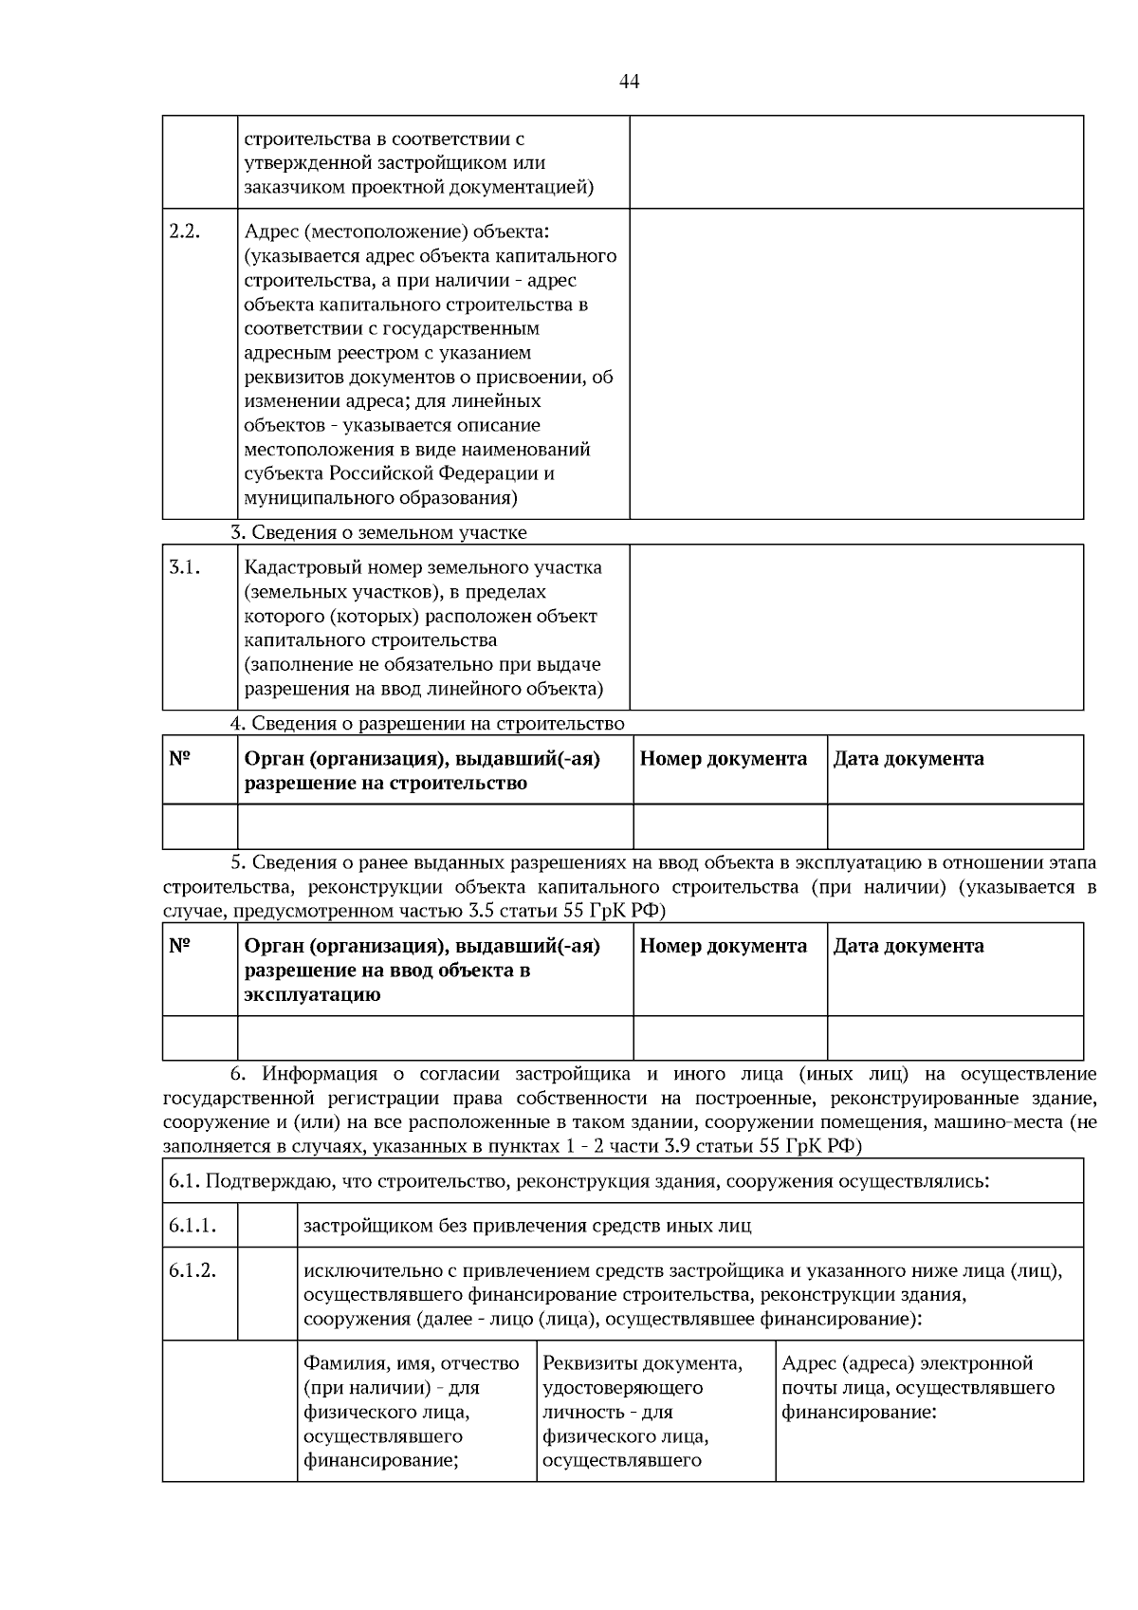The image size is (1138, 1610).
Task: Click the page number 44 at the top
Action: pos(629,82)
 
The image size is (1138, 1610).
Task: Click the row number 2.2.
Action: pos(185,231)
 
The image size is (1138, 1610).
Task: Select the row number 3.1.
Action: pos(185,567)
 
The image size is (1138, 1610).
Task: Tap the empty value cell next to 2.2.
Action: pos(855,363)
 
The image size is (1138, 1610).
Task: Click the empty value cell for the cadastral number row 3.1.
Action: pos(855,627)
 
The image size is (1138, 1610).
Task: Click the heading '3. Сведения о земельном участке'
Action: pos(379,532)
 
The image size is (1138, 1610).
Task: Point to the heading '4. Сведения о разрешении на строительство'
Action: pos(429,724)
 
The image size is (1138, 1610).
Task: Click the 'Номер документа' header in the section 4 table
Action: pos(724,759)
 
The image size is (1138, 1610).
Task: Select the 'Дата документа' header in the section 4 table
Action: pos(909,759)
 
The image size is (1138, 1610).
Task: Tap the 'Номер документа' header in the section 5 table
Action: pos(724,946)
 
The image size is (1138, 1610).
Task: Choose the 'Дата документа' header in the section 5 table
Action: pos(909,946)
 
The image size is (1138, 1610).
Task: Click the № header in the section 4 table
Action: pos(180,759)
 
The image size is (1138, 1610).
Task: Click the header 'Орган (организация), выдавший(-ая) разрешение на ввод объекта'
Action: pos(422,970)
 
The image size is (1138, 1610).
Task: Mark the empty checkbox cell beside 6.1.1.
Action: pos(266,1225)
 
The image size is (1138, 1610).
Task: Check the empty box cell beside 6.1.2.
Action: pos(266,1293)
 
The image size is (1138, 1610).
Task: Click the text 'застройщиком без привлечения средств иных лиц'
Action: pos(527,1226)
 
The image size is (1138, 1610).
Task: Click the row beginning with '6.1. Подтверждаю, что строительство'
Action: pos(578,1181)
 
